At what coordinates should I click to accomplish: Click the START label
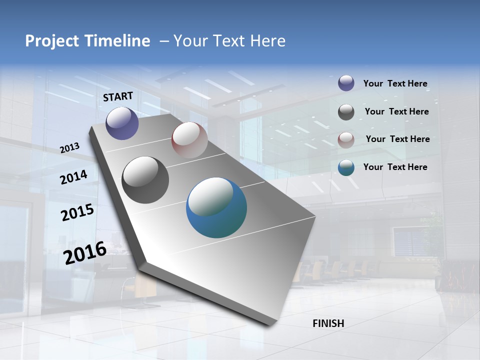point(118,96)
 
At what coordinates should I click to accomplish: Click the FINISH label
point(328,323)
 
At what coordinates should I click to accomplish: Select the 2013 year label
point(69,147)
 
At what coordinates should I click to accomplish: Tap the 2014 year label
point(73,177)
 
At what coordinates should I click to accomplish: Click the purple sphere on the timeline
point(122,123)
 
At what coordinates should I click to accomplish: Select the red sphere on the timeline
point(189,139)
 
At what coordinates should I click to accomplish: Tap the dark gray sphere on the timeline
point(145,180)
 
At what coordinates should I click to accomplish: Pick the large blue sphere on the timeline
point(216,207)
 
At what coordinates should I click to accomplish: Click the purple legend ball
point(346,83)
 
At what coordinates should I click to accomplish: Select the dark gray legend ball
point(346,112)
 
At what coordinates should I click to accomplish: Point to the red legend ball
point(346,140)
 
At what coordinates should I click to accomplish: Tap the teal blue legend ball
point(346,167)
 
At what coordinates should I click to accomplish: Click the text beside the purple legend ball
point(395,83)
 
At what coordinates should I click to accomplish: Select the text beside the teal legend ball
point(395,167)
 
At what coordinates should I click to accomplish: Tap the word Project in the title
point(51,41)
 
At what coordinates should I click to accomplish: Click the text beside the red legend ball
point(397,139)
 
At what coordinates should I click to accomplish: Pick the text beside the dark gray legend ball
point(396,111)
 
